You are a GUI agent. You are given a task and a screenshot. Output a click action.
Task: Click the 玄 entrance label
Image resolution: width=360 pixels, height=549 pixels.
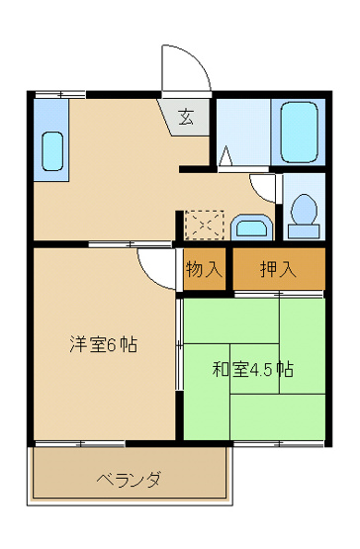[185, 117]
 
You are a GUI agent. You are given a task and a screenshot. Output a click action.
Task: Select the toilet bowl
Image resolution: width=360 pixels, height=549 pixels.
[305, 212]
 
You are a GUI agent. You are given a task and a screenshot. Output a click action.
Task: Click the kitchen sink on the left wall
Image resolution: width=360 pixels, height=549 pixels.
[51, 153]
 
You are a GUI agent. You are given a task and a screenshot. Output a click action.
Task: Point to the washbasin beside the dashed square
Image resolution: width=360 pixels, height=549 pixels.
[254, 228]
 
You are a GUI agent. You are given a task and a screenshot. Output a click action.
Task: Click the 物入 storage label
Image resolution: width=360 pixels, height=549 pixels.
[205, 269]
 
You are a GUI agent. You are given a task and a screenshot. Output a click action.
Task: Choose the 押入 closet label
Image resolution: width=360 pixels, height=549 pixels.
[278, 269]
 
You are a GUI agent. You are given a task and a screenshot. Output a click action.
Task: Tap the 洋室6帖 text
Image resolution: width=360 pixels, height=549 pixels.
[102, 345]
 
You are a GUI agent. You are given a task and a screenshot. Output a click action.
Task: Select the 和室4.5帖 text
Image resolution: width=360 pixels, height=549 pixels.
[252, 370]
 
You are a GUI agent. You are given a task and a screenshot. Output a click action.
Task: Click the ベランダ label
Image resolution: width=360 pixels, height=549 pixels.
[129, 479]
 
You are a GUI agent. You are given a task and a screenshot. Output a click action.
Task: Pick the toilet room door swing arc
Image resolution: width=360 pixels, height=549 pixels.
[264, 185]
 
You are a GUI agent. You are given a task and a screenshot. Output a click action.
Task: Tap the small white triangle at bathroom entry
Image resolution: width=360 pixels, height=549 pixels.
[225, 156]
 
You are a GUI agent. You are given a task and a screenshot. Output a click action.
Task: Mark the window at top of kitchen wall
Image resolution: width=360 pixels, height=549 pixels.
[58, 94]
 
